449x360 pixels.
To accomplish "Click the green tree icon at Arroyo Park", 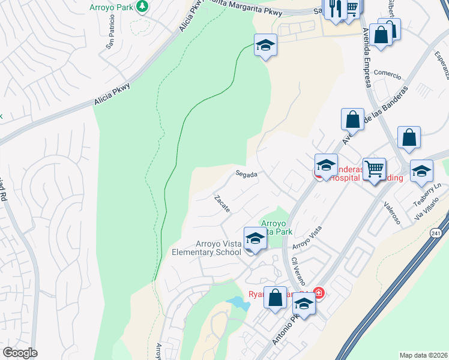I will tap(142, 7).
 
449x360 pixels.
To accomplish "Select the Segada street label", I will tap(246, 175).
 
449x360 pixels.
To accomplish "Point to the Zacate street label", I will tap(221, 203).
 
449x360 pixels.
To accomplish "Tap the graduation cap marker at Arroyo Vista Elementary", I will tap(255, 239).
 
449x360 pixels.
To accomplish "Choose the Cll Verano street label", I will tap(298, 270).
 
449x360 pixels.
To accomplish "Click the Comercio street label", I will tap(387, 74).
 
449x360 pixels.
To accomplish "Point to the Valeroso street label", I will tap(392, 215).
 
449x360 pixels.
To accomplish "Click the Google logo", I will tap(20, 353).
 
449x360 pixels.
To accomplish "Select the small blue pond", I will tap(239, 304).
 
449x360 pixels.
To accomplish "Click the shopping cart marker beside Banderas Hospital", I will tap(375, 169).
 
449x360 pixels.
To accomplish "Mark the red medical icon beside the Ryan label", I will tap(319, 293).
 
